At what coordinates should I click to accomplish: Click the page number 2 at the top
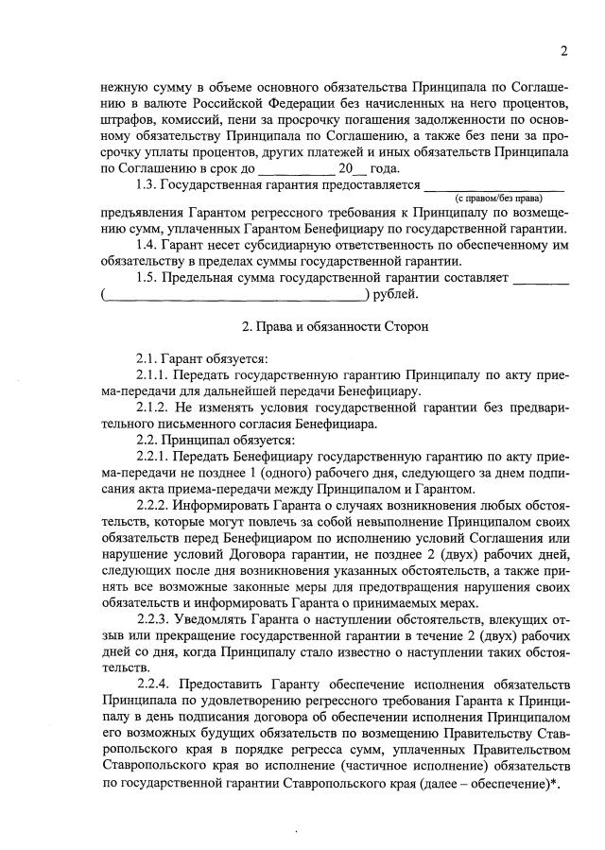562,51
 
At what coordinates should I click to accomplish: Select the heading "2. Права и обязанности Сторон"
335,327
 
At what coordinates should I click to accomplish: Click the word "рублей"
396,294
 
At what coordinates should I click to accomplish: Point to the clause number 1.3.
147,183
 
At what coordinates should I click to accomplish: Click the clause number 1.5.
147,278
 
